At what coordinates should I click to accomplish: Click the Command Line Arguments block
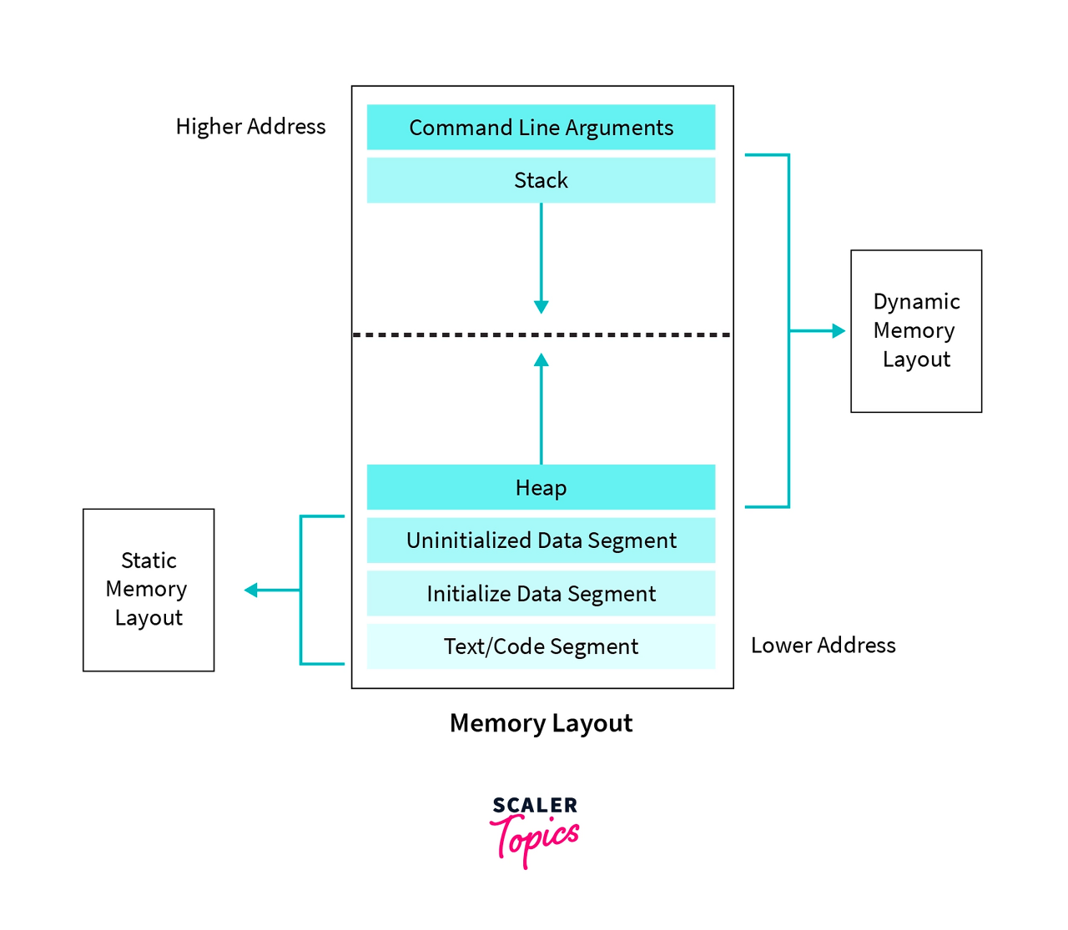point(541,128)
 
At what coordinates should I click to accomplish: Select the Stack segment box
point(541,180)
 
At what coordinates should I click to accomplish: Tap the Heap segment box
point(541,487)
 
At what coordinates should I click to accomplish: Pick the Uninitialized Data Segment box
point(541,540)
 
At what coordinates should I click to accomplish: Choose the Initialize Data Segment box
point(541,594)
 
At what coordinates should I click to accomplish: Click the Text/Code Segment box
point(541,646)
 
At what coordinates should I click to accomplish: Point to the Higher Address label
point(250,127)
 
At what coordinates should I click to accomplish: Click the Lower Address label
point(823,646)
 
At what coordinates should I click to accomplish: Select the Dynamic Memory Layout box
point(916,331)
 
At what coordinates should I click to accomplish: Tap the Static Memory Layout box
point(149,590)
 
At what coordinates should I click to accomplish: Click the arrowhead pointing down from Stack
point(541,306)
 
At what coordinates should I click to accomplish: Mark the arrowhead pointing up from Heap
point(541,360)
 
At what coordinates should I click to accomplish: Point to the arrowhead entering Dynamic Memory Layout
point(839,331)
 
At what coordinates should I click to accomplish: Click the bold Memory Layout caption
point(541,723)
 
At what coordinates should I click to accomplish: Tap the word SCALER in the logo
point(535,806)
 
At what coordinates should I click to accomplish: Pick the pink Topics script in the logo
point(534,838)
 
